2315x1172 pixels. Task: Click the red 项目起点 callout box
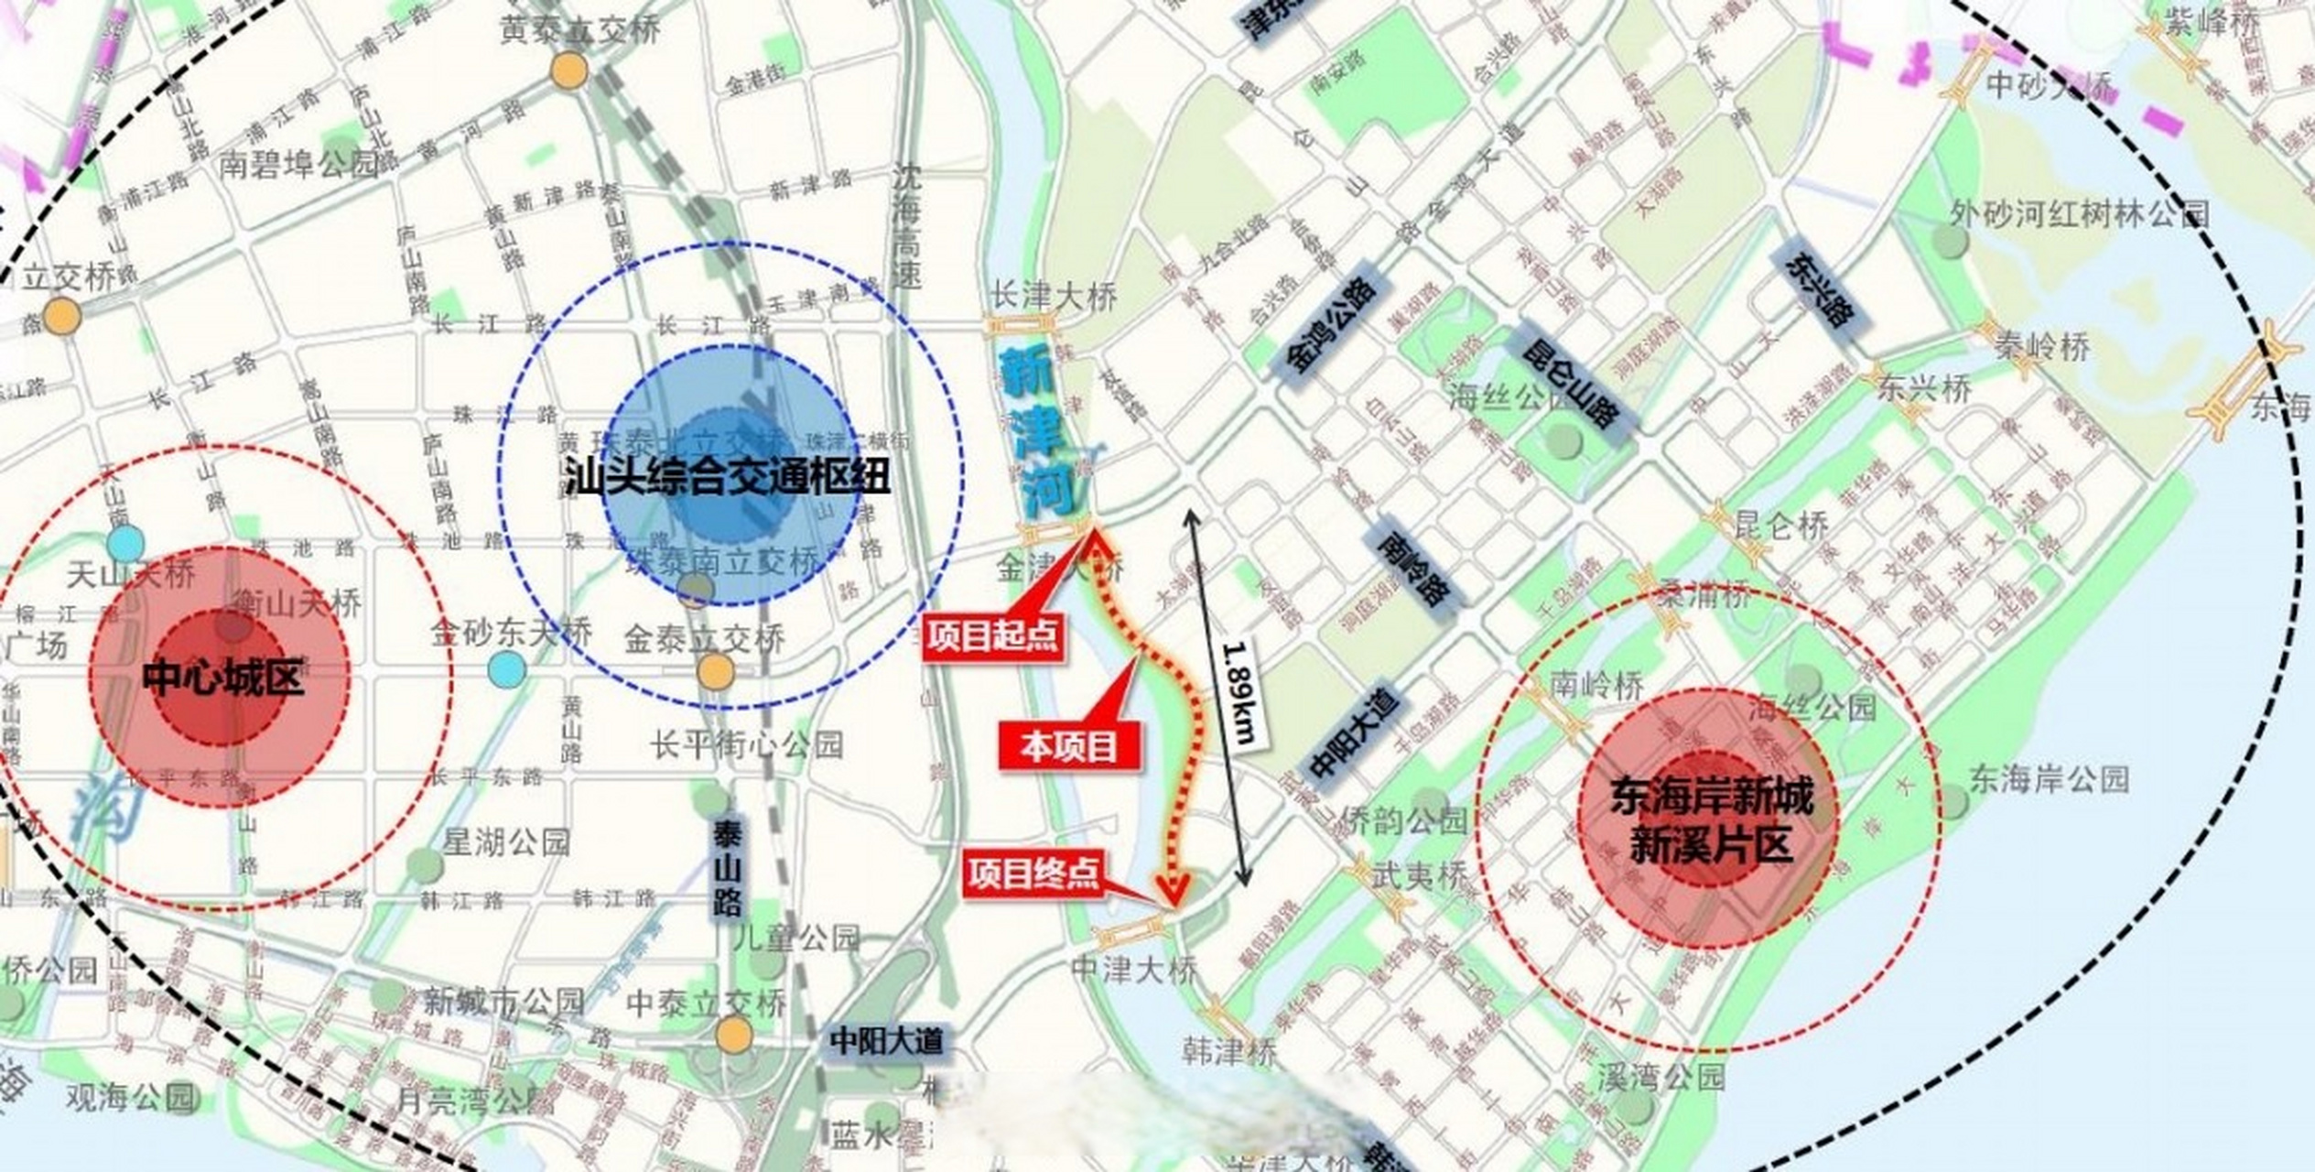pos(992,635)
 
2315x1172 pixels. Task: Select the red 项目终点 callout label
pos(1033,874)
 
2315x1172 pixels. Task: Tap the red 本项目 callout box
pos(1069,746)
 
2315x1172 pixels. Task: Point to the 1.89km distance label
pos(1242,692)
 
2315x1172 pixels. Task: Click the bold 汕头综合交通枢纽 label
pos(728,477)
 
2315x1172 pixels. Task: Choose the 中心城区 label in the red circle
pos(222,678)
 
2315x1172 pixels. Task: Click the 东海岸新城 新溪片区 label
pos(1710,820)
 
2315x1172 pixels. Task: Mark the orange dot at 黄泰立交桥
pos(568,71)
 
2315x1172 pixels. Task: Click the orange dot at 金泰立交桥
pos(715,673)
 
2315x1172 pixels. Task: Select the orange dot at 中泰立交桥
pos(733,1036)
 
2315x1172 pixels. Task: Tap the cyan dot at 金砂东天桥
pos(506,670)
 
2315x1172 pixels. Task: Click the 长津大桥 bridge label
pos(1055,297)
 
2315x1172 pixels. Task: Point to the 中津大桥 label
pos(1133,970)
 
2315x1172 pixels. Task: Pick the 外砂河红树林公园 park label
pos(2078,214)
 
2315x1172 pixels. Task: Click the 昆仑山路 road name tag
pos(1569,385)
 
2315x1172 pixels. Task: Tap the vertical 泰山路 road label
pos(728,868)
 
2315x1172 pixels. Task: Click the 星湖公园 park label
pos(506,841)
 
